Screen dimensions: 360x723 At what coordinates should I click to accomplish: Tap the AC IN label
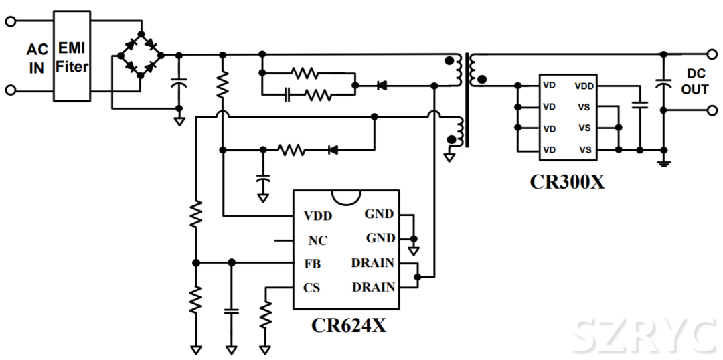pos(36,59)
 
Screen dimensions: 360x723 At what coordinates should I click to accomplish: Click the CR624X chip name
pos(348,325)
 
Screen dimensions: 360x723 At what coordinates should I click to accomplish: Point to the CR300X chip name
pos(567,181)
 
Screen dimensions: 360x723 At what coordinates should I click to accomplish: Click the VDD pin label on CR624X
pos(318,216)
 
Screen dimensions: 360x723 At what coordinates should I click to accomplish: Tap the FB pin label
pos(313,264)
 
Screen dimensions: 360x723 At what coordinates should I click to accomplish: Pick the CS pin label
pos(312,288)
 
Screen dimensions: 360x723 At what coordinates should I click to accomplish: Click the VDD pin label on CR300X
pos(584,86)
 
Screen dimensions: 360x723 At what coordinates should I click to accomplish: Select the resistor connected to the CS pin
pos(266,314)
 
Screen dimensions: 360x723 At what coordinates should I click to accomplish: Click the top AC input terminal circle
pos(10,21)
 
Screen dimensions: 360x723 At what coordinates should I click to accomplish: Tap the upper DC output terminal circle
pos(712,54)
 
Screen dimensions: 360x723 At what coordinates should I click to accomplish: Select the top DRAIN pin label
pos(372,263)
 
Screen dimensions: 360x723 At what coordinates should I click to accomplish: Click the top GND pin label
pos(379,215)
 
